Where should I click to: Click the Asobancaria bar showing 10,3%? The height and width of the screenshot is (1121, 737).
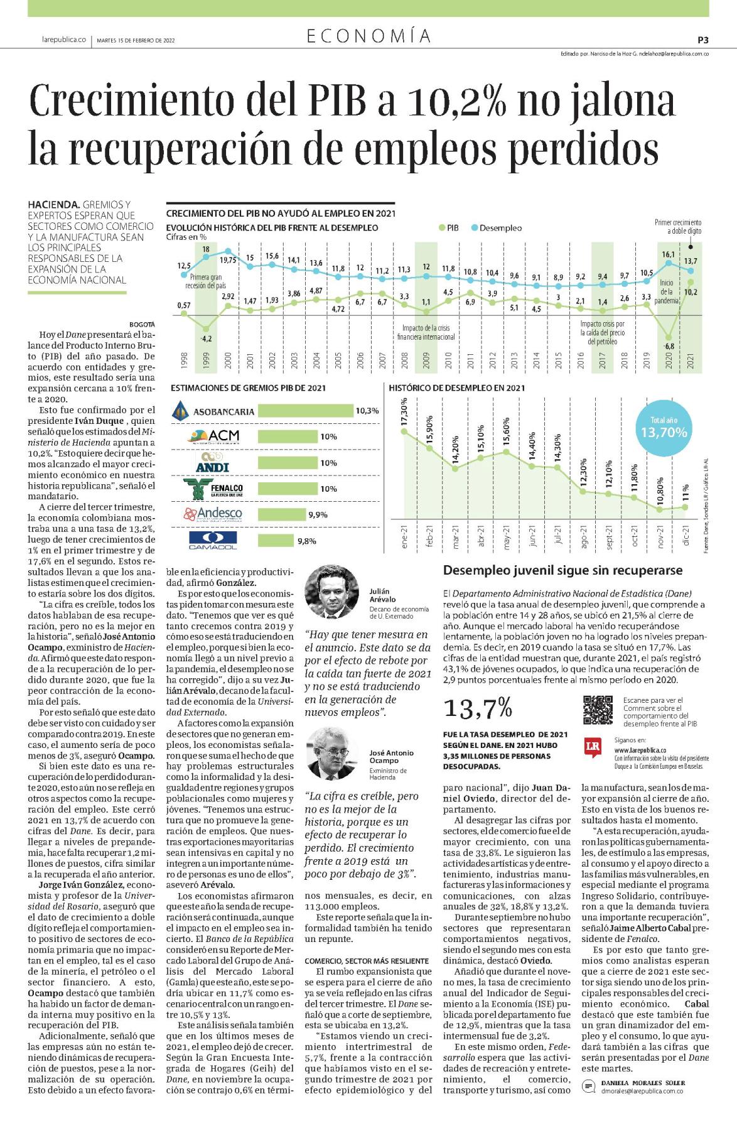pyautogui.click(x=306, y=411)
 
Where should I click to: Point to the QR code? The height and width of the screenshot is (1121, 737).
pyautogui.click(x=598, y=710)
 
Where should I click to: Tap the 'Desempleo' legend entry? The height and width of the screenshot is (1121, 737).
pyautogui.click(x=495, y=228)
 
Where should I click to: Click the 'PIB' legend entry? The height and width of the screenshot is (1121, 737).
pyautogui.click(x=448, y=228)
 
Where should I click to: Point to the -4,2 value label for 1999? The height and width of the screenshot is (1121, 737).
pyautogui.click(x=206, y=338)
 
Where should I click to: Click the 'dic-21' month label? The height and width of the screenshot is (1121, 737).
pyautogui.click(x=686, y=535)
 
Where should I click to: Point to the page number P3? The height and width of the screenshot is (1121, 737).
pyautogui.click(x=703, y=40)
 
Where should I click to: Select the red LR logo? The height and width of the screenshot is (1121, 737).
pyautogui.click(x=593, y=745)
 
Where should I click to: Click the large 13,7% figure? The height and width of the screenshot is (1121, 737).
pyautogui.click(x=478, y=709)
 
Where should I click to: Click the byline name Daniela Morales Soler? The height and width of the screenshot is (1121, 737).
pyautogui.click(x=643, y=837)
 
